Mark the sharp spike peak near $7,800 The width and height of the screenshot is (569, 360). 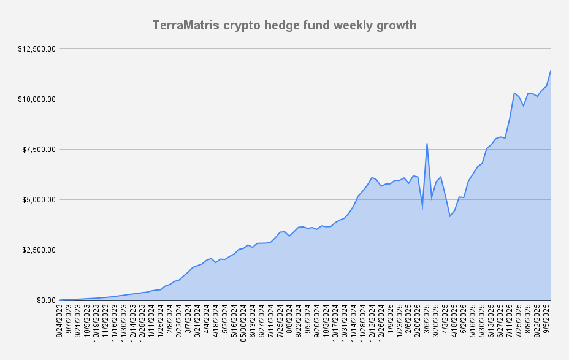[x=427, y=144]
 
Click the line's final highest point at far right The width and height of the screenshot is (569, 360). [x=551, y=70]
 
